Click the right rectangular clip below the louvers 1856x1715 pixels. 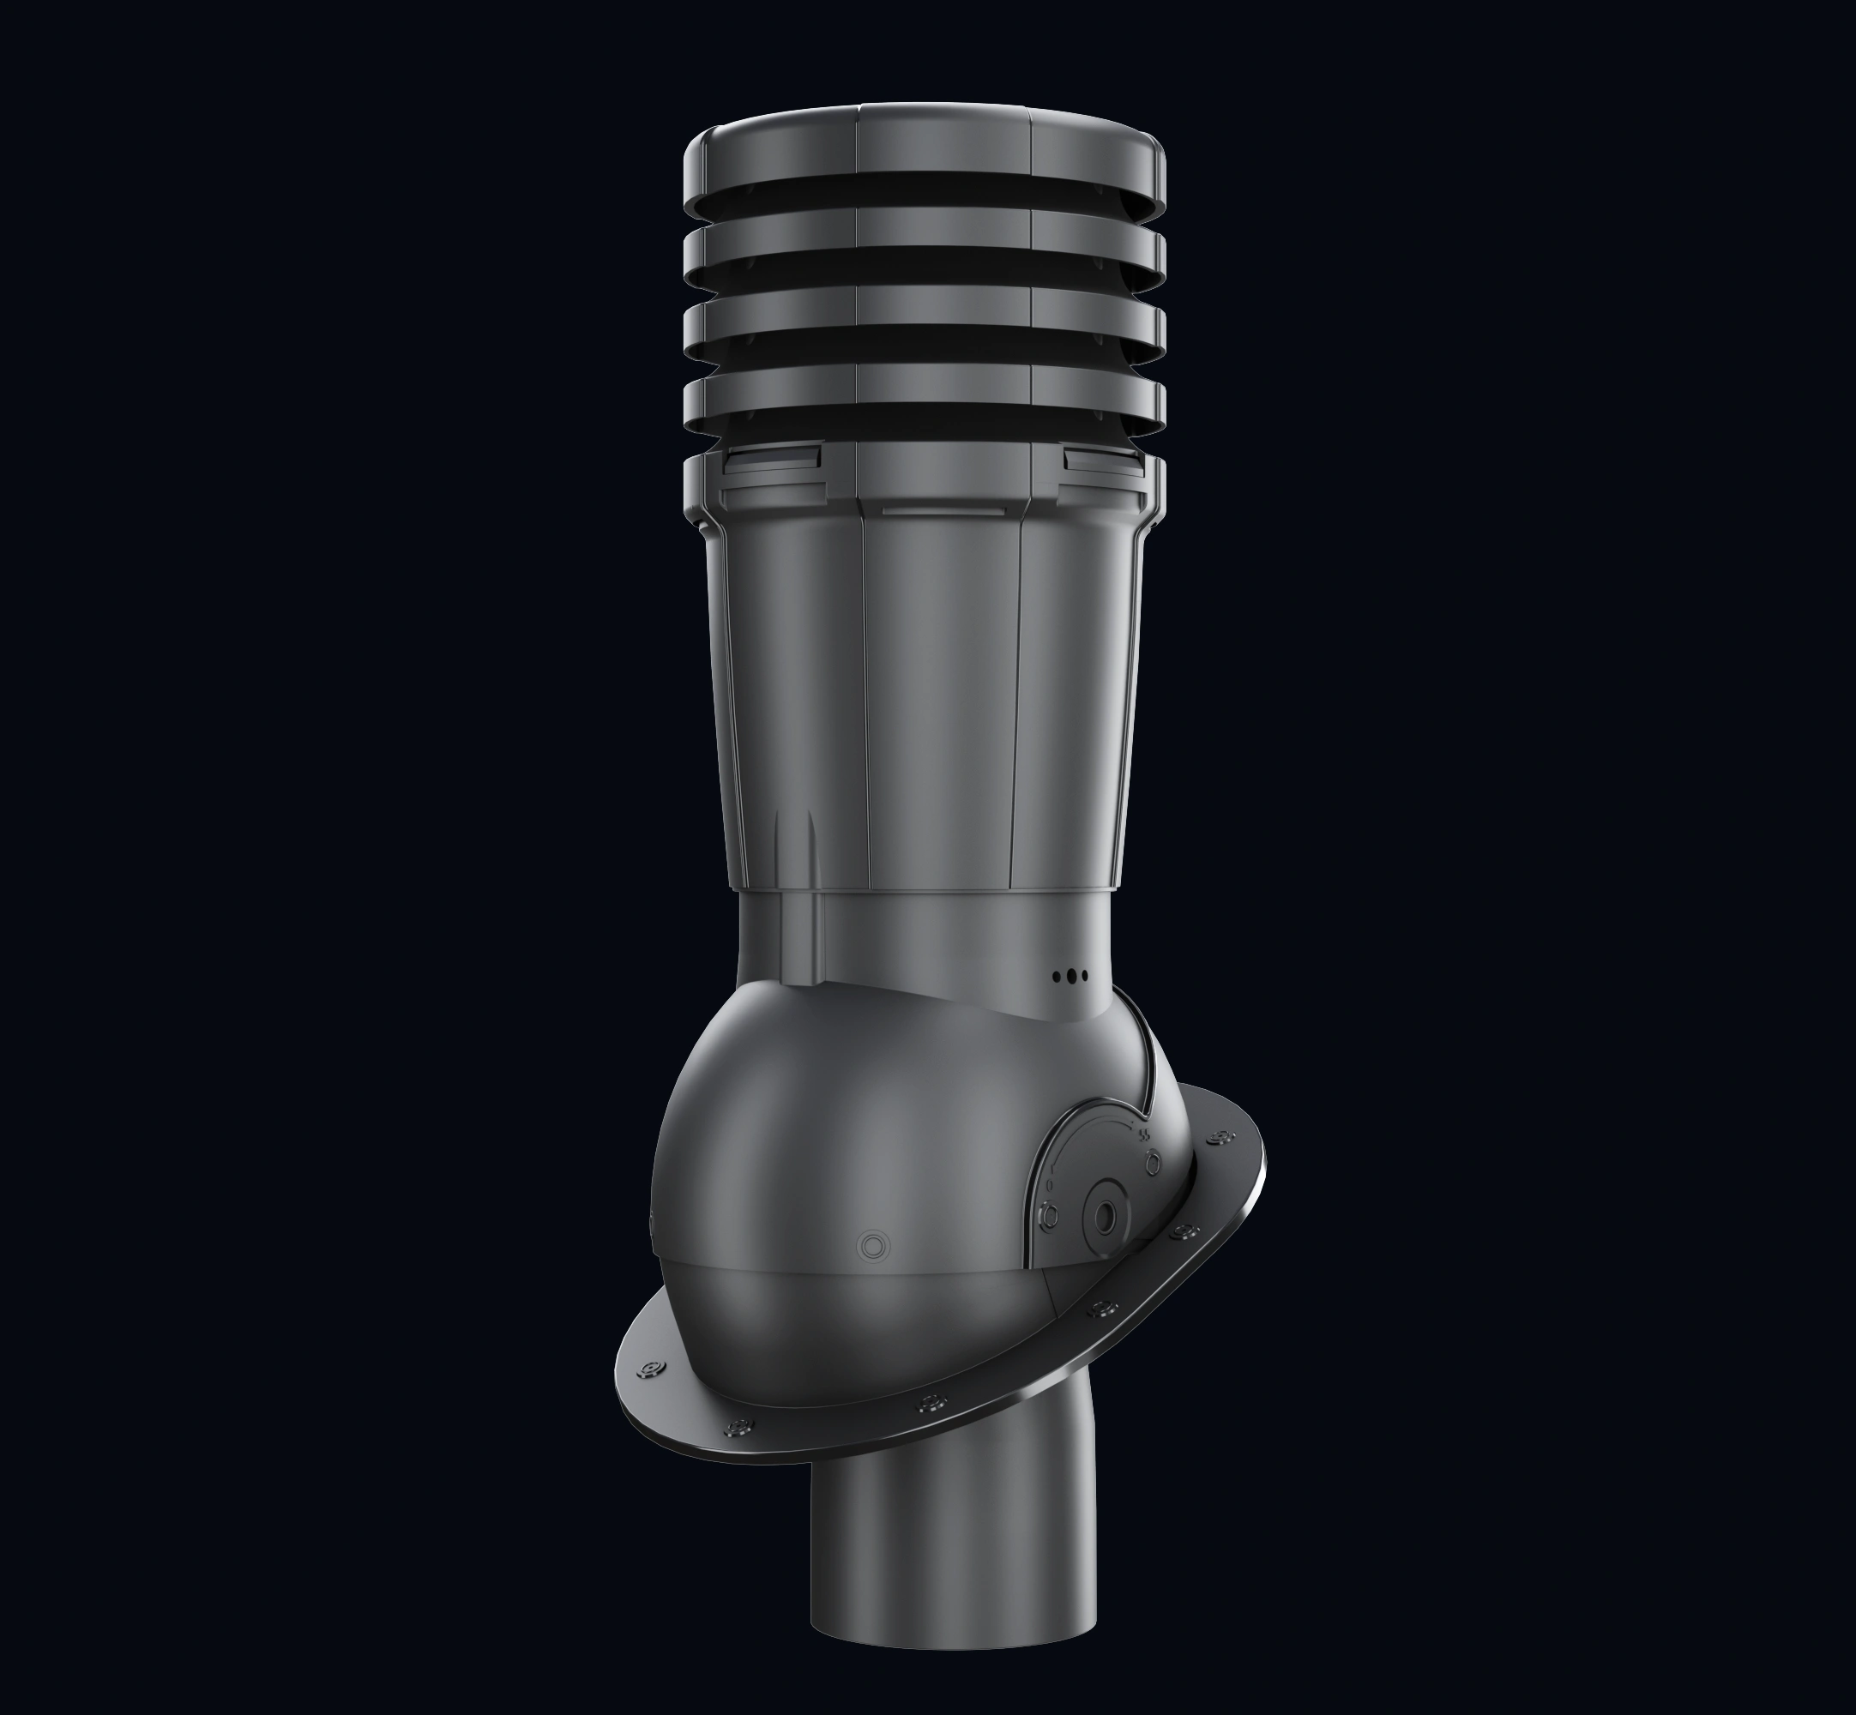click(x=1103, y=459)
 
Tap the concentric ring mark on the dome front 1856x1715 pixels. click(x=873, y=1245)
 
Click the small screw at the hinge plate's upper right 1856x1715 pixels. click(x=1152, y=1160)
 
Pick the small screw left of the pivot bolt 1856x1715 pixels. click(x=1052, y=1212)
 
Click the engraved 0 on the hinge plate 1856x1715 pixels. click(x=1050, y=1186)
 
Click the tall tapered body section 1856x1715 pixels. click(x=928, y=706)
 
